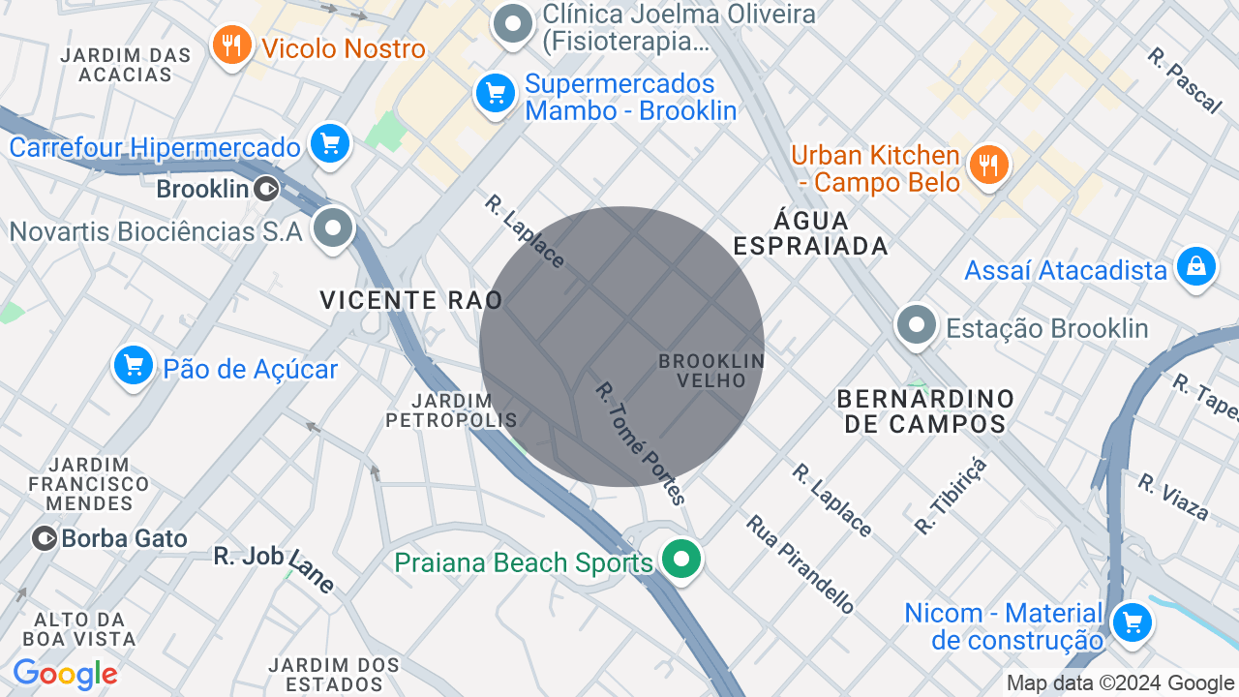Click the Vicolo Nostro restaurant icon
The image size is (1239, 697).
click(x=231, y=45)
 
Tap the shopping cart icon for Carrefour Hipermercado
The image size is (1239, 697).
click(x=330, y=145)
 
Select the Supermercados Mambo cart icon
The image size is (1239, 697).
click(x=496, y=94)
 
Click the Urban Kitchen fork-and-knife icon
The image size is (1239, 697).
click(x=988, y=165)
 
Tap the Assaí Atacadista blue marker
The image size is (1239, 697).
click(x=1195, y=266)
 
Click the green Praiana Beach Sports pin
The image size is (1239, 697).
click(x=682, y=560)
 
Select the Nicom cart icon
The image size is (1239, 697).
click(x=1131, y=621)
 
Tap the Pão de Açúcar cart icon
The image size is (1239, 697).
click(x=134, y=366)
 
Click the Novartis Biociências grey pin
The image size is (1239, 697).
click(x=335, y=229)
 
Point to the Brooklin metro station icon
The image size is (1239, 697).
click(x=267, y=189)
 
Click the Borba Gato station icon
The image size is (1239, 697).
click(x=44, y=538)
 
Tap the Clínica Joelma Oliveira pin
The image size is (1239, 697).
click(x=513, y=23)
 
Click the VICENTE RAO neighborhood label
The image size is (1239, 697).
click(x=411, y=300)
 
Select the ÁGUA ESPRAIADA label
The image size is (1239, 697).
click(x=811, y=233)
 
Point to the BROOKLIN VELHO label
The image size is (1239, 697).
click(x=711, y=371)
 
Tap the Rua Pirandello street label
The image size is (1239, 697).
click(x=801, y=563)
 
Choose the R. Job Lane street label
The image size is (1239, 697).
click(x=275, y=569)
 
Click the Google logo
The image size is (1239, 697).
click(x=65, y=675)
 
